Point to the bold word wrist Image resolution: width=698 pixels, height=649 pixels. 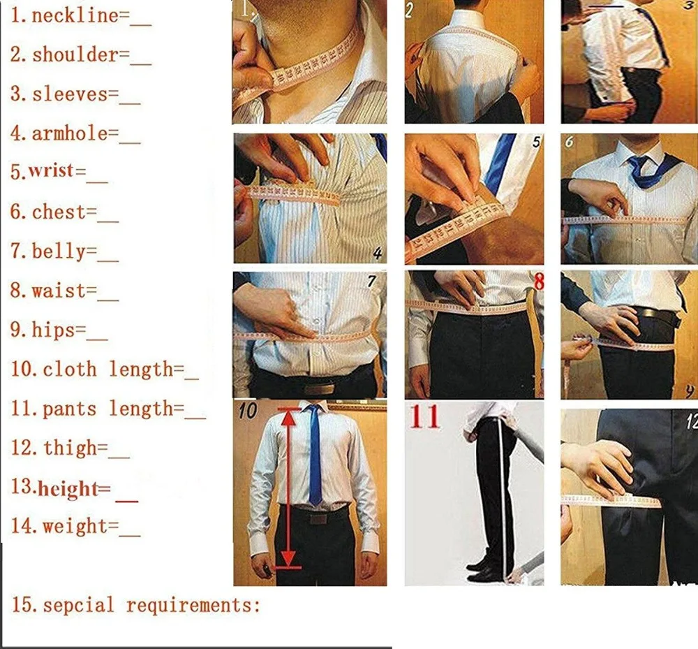coord(57,171)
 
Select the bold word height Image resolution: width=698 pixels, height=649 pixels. coord(68,488)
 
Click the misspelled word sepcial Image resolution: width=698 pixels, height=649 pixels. coord(78,604)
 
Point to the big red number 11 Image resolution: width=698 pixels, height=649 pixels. coord(424,417)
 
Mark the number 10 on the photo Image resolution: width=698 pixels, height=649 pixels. coord(248,411)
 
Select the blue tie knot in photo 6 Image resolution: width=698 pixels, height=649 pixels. coord(637,162)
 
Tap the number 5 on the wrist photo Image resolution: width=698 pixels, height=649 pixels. coord(536,143)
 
